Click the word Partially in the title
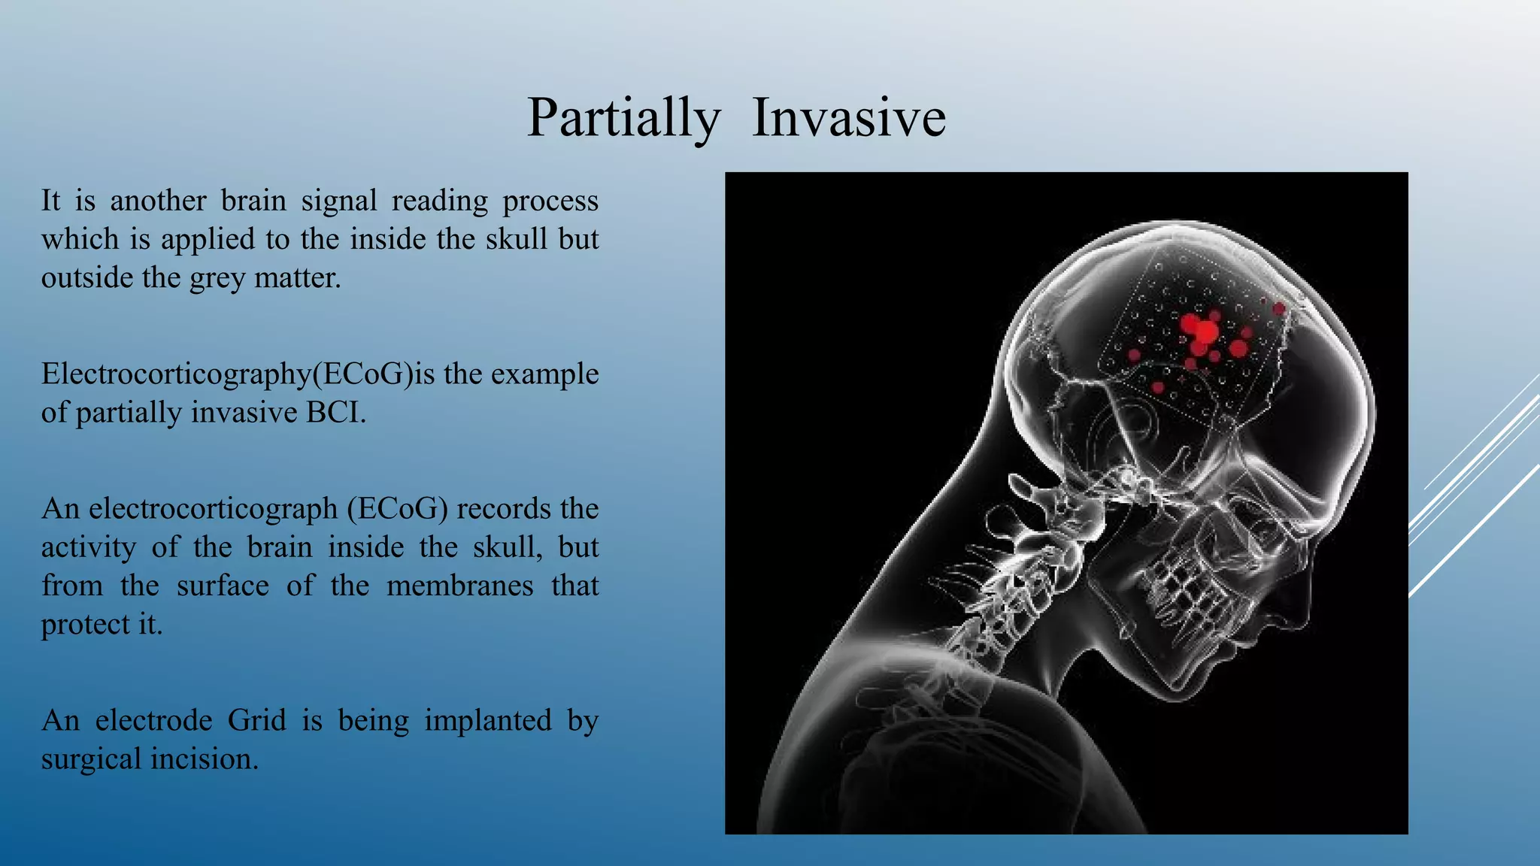tap(623, 119)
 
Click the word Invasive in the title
tap(848, 119)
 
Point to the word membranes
tap(459, 586)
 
